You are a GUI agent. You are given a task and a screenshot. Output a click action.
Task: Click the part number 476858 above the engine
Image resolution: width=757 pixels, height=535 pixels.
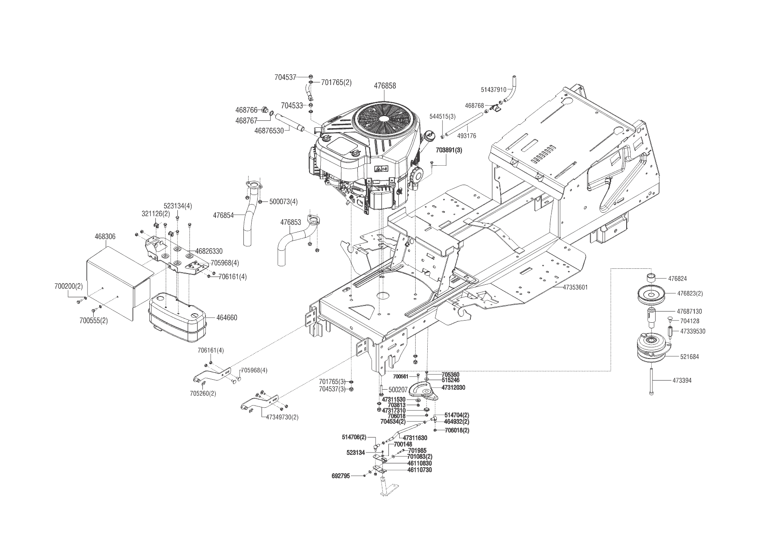click(x=385, y=86)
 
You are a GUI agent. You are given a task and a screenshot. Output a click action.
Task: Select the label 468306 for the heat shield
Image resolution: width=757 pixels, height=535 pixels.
click(x=105, y=237)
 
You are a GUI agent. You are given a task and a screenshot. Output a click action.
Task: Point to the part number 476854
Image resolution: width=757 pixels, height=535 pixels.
click(x=224, y=215)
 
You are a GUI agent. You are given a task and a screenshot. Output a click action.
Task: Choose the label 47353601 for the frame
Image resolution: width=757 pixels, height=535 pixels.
click(x=575, y=287)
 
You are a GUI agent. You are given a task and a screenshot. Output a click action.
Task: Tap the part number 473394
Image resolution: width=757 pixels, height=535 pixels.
click(x=682, y=381)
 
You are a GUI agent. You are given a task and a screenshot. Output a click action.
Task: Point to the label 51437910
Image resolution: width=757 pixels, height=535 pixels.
click(x=493, y=90)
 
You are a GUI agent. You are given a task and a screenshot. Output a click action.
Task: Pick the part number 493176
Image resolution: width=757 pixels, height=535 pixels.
click(x=467, y=136)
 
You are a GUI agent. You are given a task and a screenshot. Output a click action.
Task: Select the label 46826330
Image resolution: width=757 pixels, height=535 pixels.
click(x=209, y=251)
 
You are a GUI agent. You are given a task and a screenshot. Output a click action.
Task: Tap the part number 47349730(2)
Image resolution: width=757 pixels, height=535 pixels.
click(x=282, y=417)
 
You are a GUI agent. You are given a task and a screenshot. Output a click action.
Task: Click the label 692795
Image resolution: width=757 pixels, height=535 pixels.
click(x=341, y=476)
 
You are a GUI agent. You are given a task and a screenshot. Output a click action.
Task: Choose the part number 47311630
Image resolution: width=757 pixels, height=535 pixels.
click(x=415, y=438)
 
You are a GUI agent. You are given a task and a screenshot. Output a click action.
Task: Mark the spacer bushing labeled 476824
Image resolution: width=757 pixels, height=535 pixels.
click(x=652, y=277)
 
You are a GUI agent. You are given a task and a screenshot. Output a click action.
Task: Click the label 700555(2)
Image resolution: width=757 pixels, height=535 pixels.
click(x=94, y=321)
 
